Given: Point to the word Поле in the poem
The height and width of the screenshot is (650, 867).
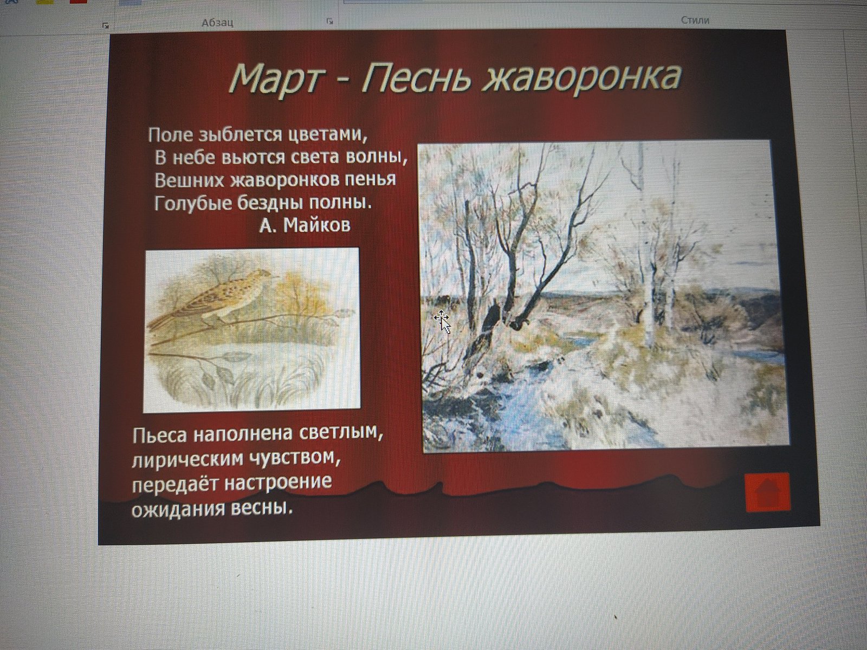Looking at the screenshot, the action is pyautogui.click(x=171, y=135).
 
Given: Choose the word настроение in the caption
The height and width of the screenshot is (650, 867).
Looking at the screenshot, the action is pyautogui.click(x=277, y=483).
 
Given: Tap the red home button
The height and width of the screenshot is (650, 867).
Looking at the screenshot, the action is pyautogui.click(x=767, y=492).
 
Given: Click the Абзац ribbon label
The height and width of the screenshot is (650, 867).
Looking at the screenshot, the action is pyautogui.click(x=217, y=23).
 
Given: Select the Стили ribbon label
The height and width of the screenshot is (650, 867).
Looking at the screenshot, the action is pyautogui.click(x=695, y=20).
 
